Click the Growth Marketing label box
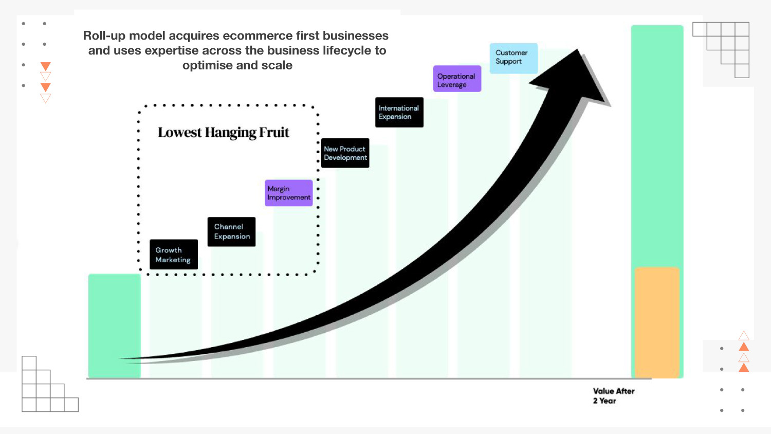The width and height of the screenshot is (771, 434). pos(173,255)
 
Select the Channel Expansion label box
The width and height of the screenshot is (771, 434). pos(231,231)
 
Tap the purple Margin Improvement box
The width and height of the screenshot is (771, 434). pos(288,193)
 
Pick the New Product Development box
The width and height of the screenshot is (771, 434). pos(345,153)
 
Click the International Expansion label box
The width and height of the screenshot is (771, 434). pos(399,112)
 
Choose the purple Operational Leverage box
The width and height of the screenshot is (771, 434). pos(457,79)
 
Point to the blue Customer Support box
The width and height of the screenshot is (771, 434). pos(513,58)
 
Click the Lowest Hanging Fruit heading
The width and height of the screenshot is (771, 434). pos(223,133)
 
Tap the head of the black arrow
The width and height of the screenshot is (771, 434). pos(576,77)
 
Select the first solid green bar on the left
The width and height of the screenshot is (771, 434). pos(114,325)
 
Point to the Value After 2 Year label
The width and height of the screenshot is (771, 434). pos(613,396)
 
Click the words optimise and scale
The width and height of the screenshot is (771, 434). pos(237,65)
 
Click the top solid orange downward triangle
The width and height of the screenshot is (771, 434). pos(45,66)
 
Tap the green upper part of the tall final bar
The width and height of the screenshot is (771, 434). pos(657,144)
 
